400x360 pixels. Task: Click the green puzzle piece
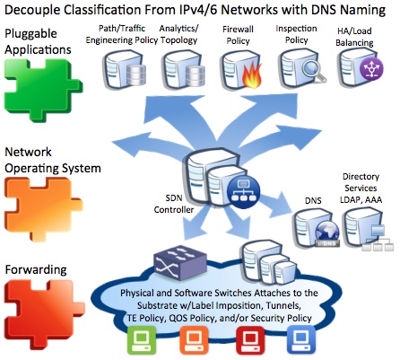pyautogui.click(x=42, y=90)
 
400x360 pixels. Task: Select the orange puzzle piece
pyautogui.click(x=42, y=208)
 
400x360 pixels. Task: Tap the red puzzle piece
pyautogui.click(x=43, y=312)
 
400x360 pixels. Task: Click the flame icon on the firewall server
pyautogui.click(x=253, y=75)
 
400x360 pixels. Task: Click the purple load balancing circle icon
pyautogui.click(x=371, y=68)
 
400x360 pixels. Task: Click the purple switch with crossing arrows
pyautogui.click(x=180, y=262)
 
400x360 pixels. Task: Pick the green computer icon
pyautogui.click(x=142, y=340)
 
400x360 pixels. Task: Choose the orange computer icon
pyautogui.click(x=194, y=340)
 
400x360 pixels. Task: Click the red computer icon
pyautogui.click(x=250, y=340)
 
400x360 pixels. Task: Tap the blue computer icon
pyautogui.click(x=301, y=340)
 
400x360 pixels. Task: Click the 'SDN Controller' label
pyautogui.click(x=174, y=204)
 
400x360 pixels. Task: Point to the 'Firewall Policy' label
pyautogui.click(x=238, y=35)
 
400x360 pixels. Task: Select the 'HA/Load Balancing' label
pyautogui.click(x=354, y=37)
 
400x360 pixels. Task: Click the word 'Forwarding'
pyautogui.click(x=36, y=270)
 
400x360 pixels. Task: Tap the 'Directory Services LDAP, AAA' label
pyautogui.click(x=361, y=188)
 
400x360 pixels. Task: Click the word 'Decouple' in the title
pyautogui.click(x=32, y=10)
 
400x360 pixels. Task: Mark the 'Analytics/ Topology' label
pyautogui.click(x=178, y=34)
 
